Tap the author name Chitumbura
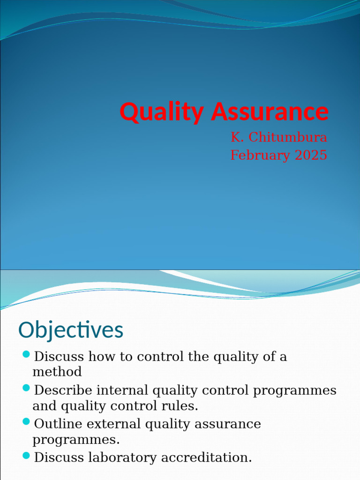pos(287,137)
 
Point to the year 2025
pos(311,155)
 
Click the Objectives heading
pos(71,330)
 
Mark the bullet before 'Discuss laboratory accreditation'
pos(26,455)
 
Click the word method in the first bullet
pos(57,372)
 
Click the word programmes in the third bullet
pos(75,440)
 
